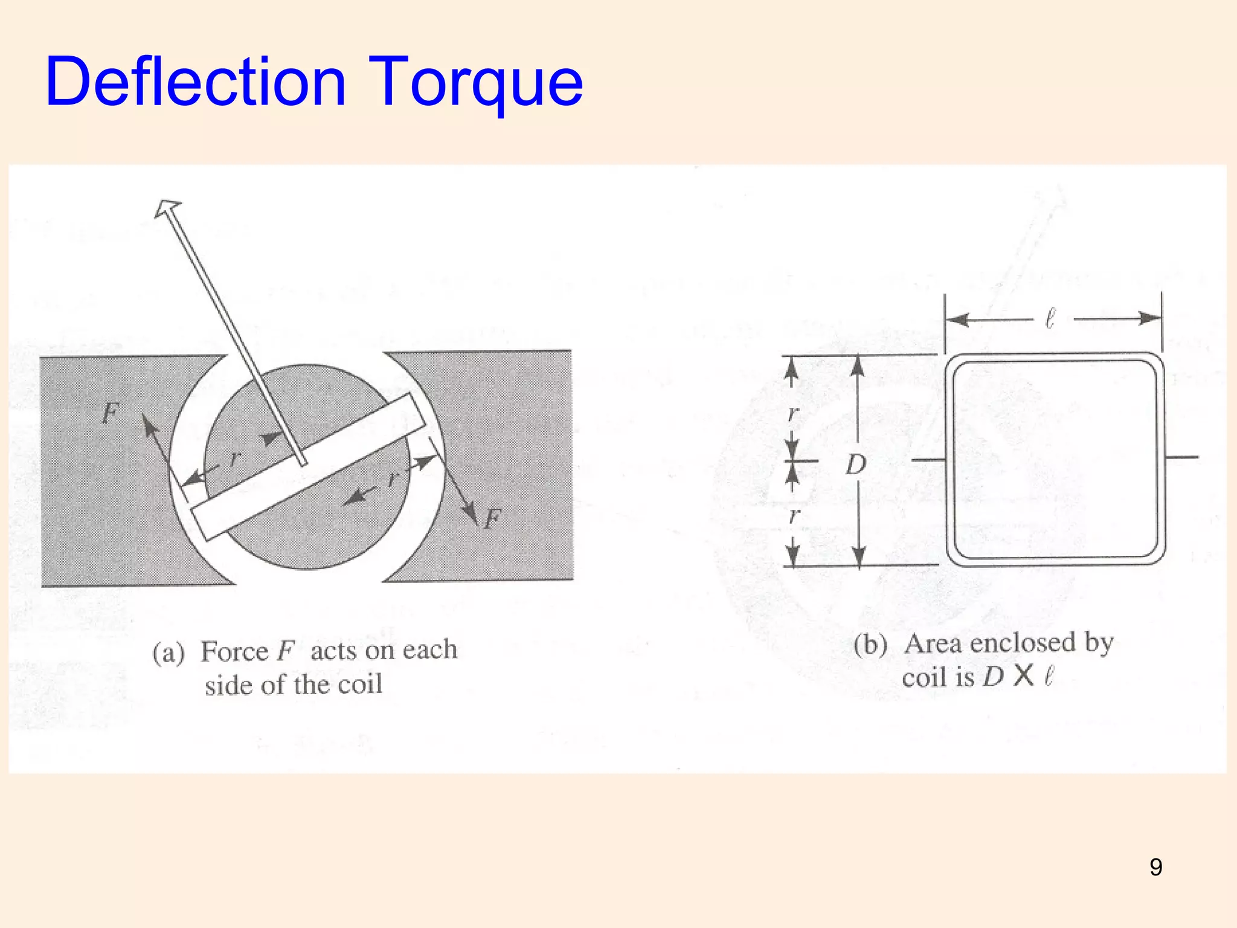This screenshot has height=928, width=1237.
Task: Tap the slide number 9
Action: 1155,867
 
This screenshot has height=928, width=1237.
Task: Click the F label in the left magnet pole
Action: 109,414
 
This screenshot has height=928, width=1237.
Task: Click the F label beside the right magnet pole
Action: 492,518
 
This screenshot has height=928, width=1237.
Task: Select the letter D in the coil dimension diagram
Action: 856,465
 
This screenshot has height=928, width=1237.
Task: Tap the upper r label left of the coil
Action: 794,413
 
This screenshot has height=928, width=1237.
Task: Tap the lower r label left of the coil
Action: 794,515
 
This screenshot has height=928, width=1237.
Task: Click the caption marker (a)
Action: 168,653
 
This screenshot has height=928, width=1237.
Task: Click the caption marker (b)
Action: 870,645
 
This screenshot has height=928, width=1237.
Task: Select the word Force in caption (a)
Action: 234,651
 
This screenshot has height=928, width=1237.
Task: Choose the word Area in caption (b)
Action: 933,643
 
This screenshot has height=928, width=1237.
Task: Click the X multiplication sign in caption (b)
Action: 1023,676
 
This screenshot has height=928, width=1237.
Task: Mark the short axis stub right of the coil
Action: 1181,457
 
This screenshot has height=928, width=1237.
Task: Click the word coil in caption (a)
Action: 360,685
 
